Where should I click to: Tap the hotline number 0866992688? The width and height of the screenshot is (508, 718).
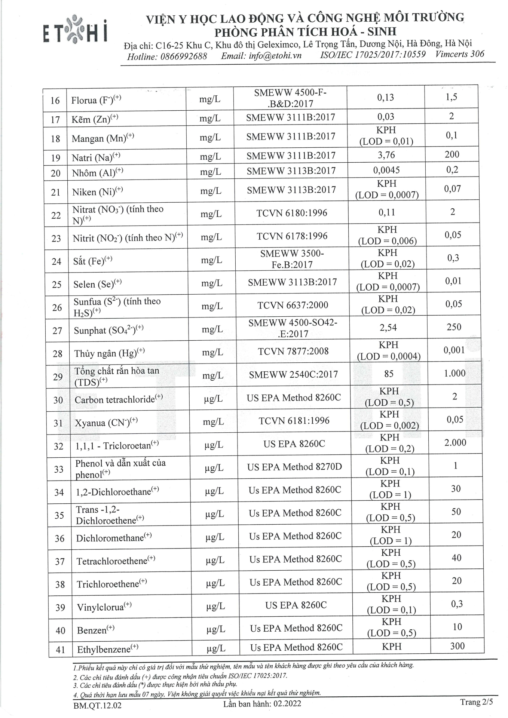coord(183,56)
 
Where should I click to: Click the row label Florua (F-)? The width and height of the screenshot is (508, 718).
coord(96,100)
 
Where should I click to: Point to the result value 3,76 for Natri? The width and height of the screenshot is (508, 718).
coord(386,155)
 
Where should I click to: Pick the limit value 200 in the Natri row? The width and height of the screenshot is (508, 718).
coord(452,154)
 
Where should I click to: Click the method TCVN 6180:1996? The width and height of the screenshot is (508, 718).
coord(292,213)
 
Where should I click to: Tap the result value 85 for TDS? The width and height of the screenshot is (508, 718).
coord(389,374)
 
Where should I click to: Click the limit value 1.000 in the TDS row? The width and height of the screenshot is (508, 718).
coord(455,373)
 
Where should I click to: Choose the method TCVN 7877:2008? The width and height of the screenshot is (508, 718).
coord(293,352)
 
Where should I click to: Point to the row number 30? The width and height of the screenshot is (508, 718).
coord(58,400)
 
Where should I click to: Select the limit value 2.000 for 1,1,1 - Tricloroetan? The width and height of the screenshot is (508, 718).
coord(455,443)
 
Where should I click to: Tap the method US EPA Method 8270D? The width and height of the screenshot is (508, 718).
coord(294,467)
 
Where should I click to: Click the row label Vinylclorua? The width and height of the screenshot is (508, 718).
coord(104,607)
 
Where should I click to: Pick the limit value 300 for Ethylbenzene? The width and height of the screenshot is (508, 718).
coord(457,646)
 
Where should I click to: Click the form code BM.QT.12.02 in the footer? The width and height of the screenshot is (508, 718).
coord(98,706)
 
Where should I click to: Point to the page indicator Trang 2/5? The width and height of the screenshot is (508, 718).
coord(476,702)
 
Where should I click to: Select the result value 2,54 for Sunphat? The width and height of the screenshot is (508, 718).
coord(388,328)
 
